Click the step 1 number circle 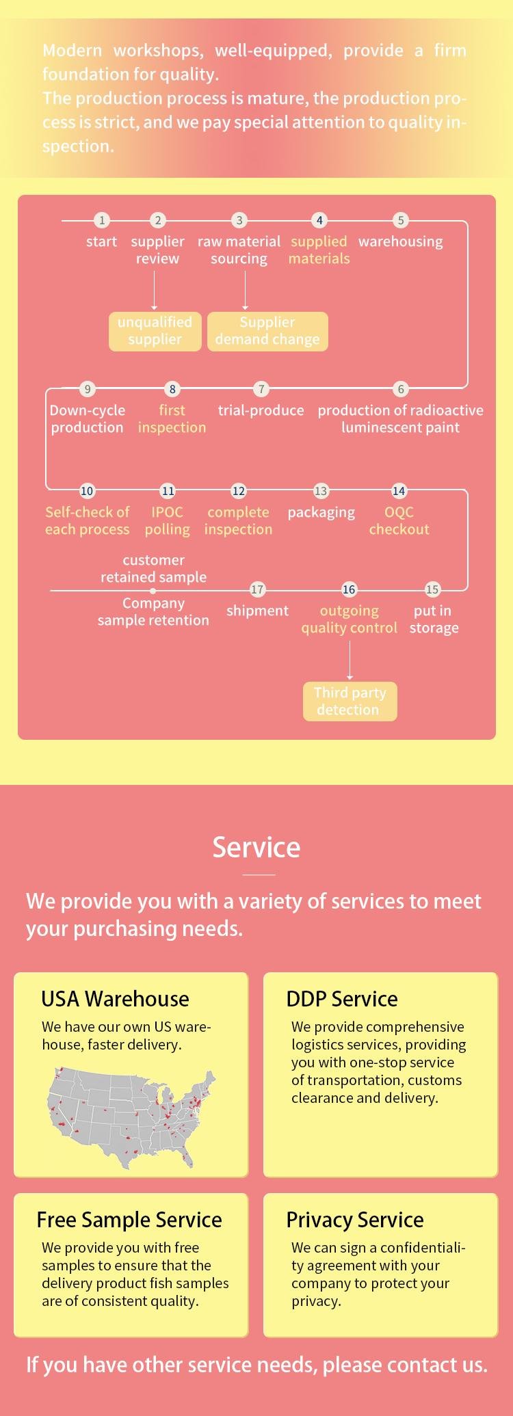tap(102, 220)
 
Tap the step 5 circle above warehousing tap(401, 220)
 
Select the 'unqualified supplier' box tap(155, 332)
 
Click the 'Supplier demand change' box tap(267, 332)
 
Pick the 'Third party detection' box tap(350, 702)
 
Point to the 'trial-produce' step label tap(261, 410)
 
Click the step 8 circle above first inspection tap(172, 389)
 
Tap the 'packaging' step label tap(321, 513)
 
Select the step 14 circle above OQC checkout tap(399, 491)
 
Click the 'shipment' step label tap(257, 611)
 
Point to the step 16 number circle tap(349, 589)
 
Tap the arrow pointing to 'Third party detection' tap(350, 660)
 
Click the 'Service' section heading tap(256, 847)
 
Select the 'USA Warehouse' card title tap(115, 999)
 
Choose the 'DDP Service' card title tap(342, 999)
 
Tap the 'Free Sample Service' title tap(129, 1220)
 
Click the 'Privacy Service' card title tap(355, 1220)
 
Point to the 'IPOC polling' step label tap(167, 521)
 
